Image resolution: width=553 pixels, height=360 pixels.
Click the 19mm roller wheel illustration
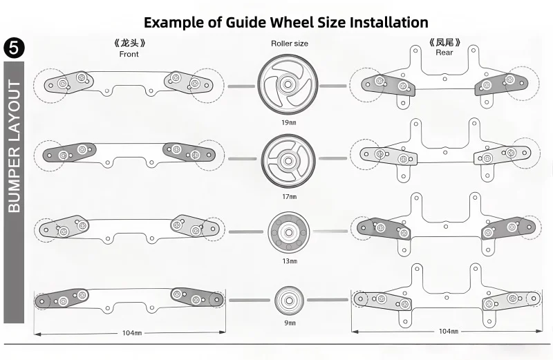tap(288, 84)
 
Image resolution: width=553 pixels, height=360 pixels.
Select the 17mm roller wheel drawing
tap(288, 161)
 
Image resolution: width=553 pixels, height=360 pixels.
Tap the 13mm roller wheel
tap(289, 232)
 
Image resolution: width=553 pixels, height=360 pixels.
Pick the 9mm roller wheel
tap(290, 301)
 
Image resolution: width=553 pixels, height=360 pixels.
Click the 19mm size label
tap(289, 123)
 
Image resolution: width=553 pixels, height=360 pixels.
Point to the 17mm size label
tap(289, 197)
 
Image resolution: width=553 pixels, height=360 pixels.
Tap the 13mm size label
tap(290, 261)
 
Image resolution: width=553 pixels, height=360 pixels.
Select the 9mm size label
tap(290, 323)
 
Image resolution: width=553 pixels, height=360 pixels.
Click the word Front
tap(129, 55)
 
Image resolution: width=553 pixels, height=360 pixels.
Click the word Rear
tap(444, 53)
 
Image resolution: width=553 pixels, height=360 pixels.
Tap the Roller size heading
tap(290, 44)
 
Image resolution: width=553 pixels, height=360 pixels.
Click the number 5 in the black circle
tap(14, 48)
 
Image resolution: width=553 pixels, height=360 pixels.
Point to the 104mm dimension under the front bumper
tap(132, 333)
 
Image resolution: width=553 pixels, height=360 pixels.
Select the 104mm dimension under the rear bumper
tap(448, 331)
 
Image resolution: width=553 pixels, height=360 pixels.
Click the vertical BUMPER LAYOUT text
tap(14, 146)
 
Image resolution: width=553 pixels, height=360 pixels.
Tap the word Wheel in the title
tap(292, 22)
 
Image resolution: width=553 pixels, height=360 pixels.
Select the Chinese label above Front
tap(129, 43)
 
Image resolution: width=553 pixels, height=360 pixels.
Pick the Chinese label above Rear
tap(444, 43)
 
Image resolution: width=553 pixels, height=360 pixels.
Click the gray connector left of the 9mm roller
tap(250, 301)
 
